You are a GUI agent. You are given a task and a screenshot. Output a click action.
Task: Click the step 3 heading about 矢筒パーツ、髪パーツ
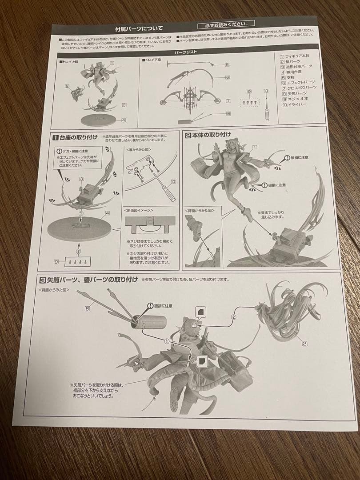tap(91, 280)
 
